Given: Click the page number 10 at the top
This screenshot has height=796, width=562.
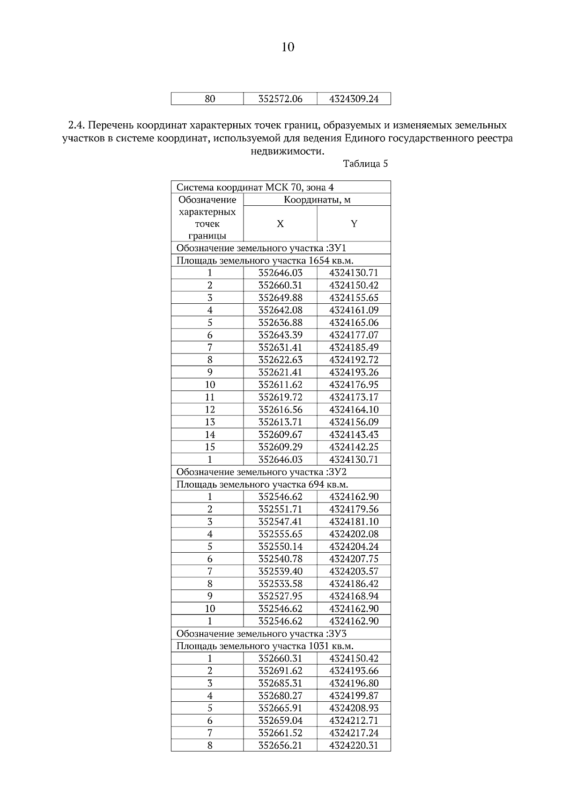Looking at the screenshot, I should pos(288,47).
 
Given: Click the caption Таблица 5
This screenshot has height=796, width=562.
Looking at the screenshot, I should pos(365,164).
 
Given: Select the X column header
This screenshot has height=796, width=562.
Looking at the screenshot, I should pos(280,224).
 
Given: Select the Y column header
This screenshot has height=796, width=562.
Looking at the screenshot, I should pos(354,224).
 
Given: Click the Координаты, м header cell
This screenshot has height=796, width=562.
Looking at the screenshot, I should pos(317,200).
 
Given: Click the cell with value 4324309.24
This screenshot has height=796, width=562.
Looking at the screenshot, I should pos(354,99).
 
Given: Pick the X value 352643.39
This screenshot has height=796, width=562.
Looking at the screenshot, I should pos(280,335).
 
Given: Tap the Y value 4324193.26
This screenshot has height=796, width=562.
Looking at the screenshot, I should pos(354,372).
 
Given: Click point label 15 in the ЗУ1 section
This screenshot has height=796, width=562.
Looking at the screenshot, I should pos(210,447).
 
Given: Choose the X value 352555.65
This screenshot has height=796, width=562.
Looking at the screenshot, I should pos(280,534).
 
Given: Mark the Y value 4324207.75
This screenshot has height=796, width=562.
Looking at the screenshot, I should pos(354,559).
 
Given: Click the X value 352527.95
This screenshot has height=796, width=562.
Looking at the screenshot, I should pos(280,596).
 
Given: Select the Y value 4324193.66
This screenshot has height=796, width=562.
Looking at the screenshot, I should pos(354,671).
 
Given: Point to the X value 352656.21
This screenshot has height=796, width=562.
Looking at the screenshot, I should pos(280,745).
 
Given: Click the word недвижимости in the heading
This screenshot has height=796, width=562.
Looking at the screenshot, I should pos(287,151).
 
